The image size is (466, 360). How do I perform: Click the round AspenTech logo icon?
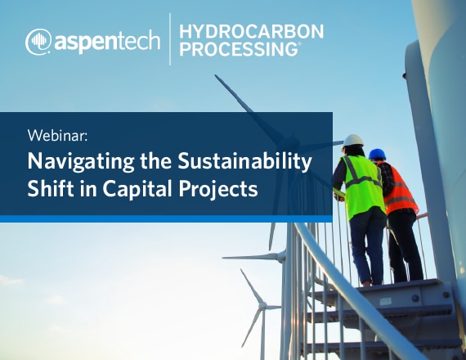point(38,42)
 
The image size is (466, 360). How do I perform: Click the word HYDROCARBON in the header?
point(252,32)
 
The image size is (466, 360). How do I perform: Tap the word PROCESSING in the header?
point(239,49)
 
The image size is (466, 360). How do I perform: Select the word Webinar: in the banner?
point(57,136)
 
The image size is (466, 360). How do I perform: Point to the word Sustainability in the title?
point(244,162)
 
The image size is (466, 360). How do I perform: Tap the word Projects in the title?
point(218,189)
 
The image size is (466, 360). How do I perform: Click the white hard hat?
point(353,141)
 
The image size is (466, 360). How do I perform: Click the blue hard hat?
point(377,154)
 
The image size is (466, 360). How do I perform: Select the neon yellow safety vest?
point(362,186)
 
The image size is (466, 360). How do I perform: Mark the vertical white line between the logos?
point(170,39)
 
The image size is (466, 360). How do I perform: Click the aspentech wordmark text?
point(107,42)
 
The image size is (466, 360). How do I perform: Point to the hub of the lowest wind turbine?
point(262,305)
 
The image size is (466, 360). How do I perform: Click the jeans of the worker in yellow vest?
point(367,245)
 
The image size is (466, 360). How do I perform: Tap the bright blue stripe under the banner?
point(166,218)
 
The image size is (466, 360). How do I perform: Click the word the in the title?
point(155,161)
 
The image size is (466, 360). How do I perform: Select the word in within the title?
point(88,188)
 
